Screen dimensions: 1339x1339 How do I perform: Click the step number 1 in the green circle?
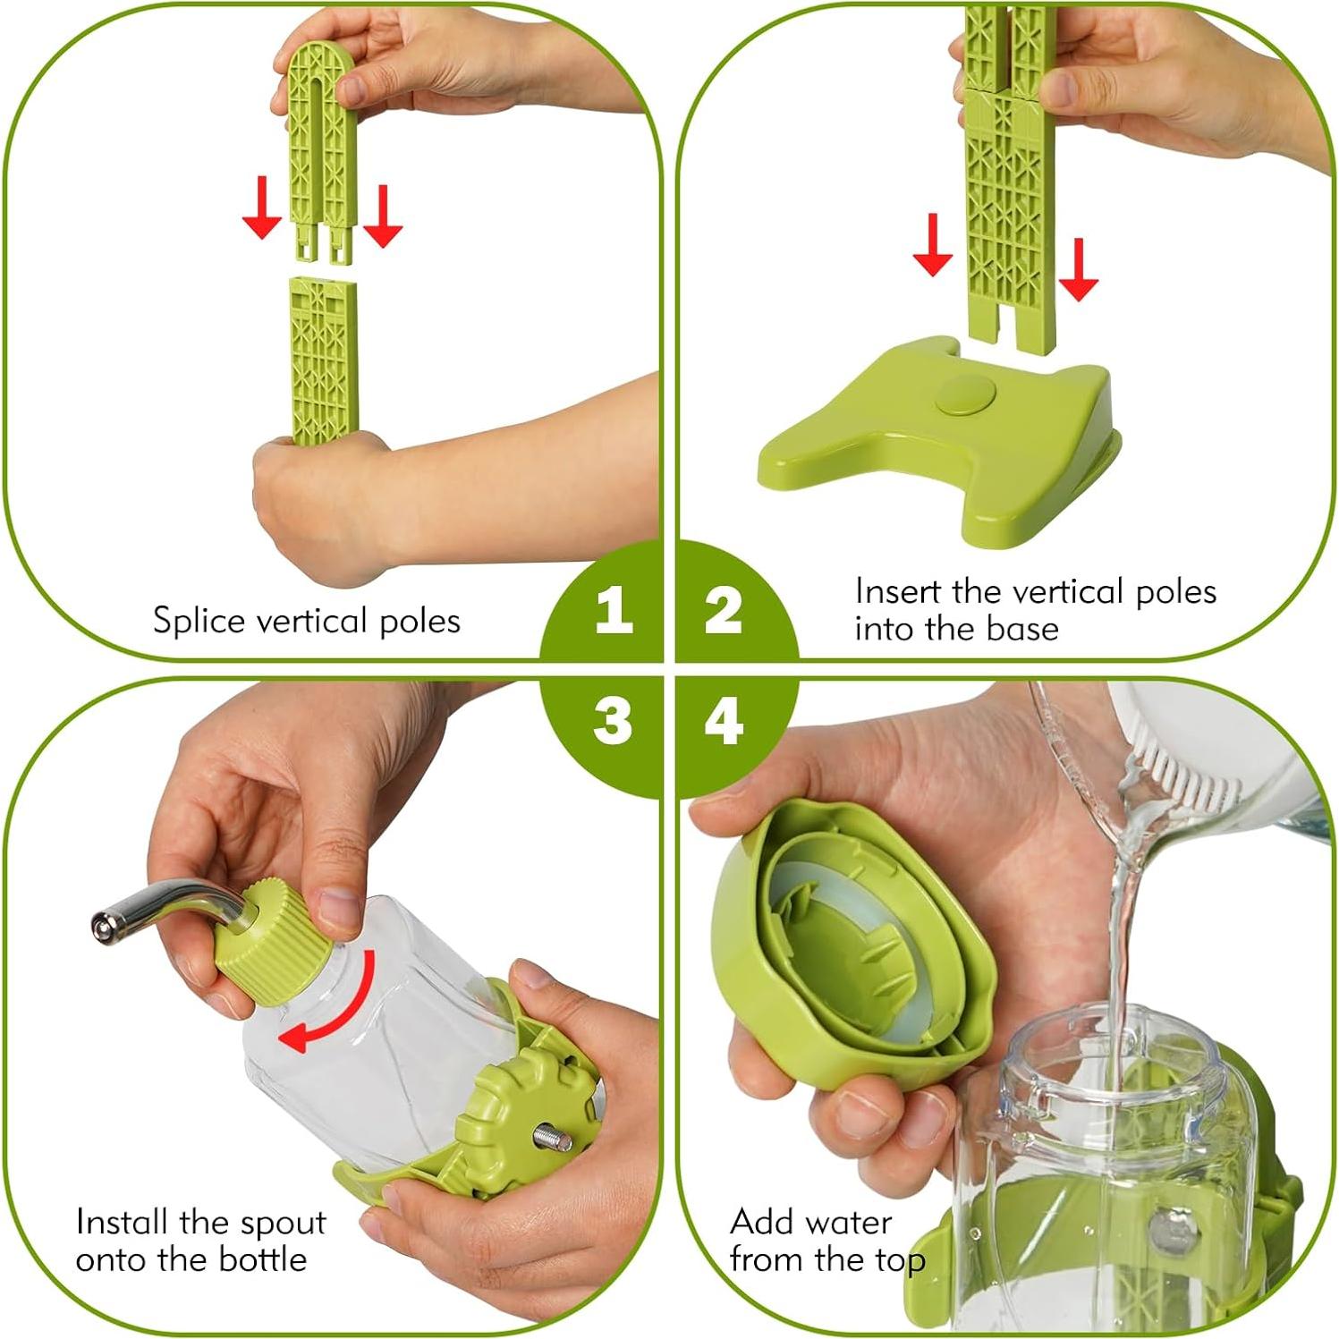pos(614,611)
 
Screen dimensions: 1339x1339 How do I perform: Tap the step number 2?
pos(724,611)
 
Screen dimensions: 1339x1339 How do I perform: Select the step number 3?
pos(613,721)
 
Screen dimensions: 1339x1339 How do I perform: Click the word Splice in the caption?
pos(199,621)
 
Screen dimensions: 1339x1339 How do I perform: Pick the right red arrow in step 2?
pos(1078,269)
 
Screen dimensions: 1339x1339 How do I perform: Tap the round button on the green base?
pos(966,394)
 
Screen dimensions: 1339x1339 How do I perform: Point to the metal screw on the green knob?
pos(553,1139)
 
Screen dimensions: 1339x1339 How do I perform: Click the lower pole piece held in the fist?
pos(323,358)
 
